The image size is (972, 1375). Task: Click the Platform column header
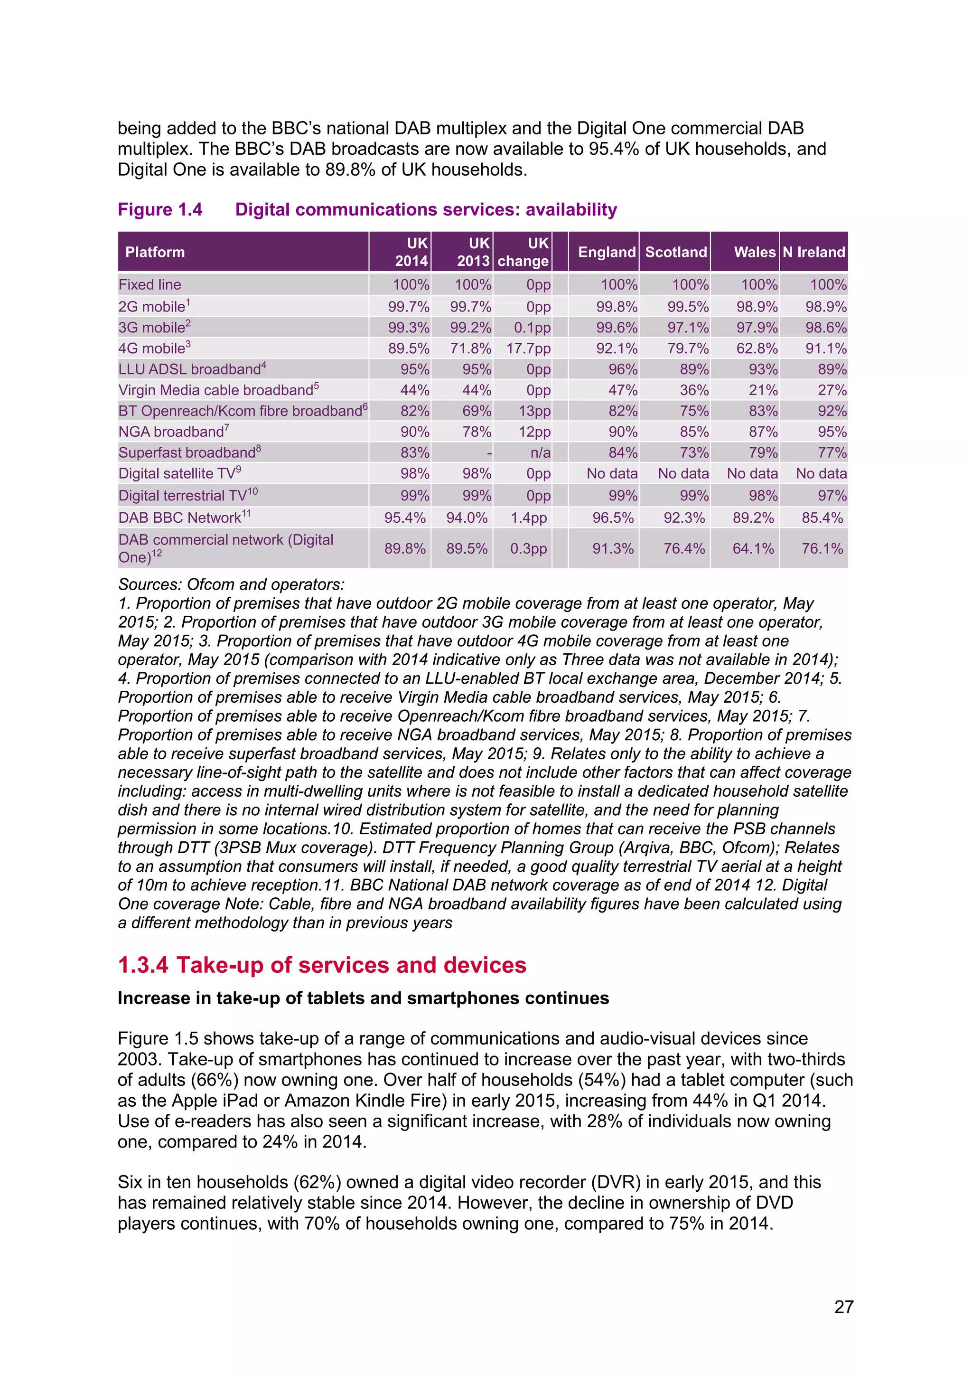pos(155,252)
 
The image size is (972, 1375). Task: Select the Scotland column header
pos(676,252)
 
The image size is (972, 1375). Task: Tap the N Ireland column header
pos(813,252)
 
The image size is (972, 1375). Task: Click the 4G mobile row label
pos(154,348)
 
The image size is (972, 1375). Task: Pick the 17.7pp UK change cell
pos(528,348)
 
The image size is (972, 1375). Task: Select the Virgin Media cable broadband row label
pos(218,390)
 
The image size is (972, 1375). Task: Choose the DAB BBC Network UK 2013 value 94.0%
pos(467,518)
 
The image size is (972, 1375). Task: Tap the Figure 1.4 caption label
pos(160,209)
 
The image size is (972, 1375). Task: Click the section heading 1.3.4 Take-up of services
pos(321,965)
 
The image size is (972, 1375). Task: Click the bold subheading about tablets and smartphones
pos(363,998)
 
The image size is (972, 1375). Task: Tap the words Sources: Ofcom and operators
pos(231,584)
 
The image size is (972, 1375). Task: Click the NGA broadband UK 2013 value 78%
pos(477,432)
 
